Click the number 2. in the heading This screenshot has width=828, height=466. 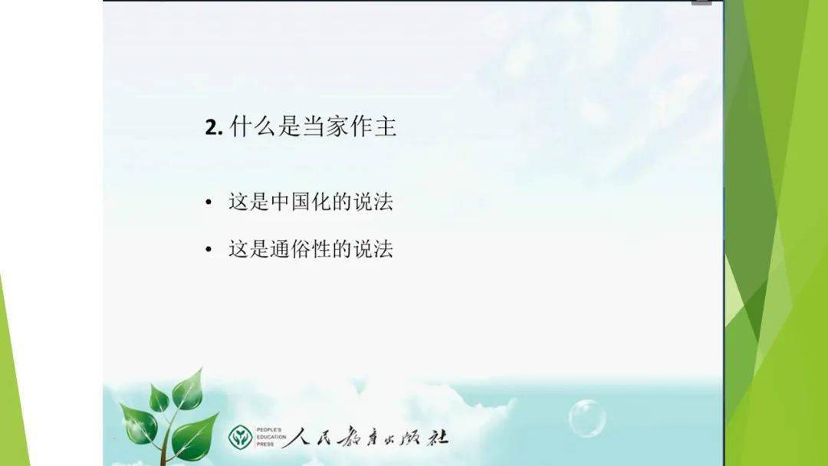point(214,127)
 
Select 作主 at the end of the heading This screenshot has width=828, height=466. point(373,126)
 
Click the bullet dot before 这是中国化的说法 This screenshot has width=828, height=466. point(209,202)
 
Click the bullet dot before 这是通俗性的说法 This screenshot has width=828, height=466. point(209,249)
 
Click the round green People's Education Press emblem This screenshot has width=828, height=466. point(240,437)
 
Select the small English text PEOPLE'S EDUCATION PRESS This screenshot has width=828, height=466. point(271,437)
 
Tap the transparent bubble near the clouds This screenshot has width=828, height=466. point(587,418)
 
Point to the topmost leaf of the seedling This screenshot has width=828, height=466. point(188,389)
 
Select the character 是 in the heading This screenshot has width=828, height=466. point(289,126)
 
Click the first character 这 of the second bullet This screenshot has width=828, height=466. point(238,248)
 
